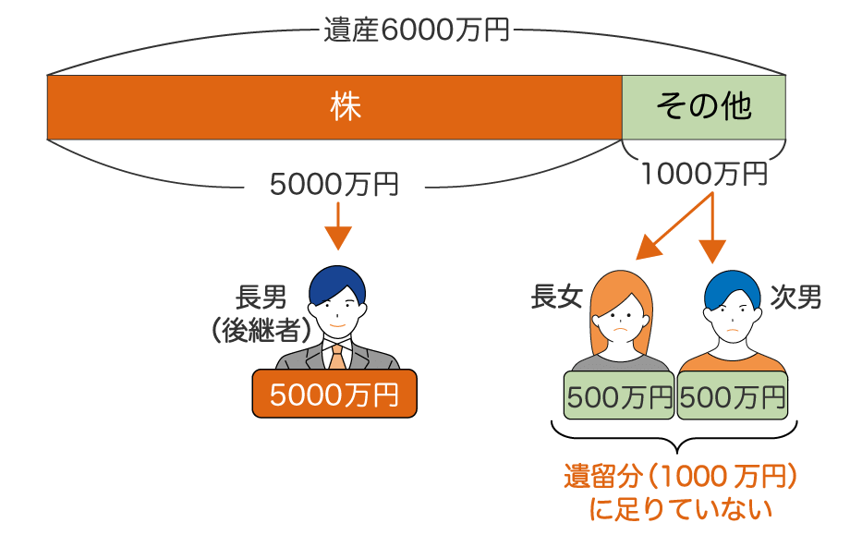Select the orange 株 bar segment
pos(334,107)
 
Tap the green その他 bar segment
pos(703,107)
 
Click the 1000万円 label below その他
pos(704,173)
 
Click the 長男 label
pos(261,297)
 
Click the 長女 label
pos(556,297)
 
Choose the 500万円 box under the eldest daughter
pos(619,397)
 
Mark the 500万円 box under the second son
pos(734,397)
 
